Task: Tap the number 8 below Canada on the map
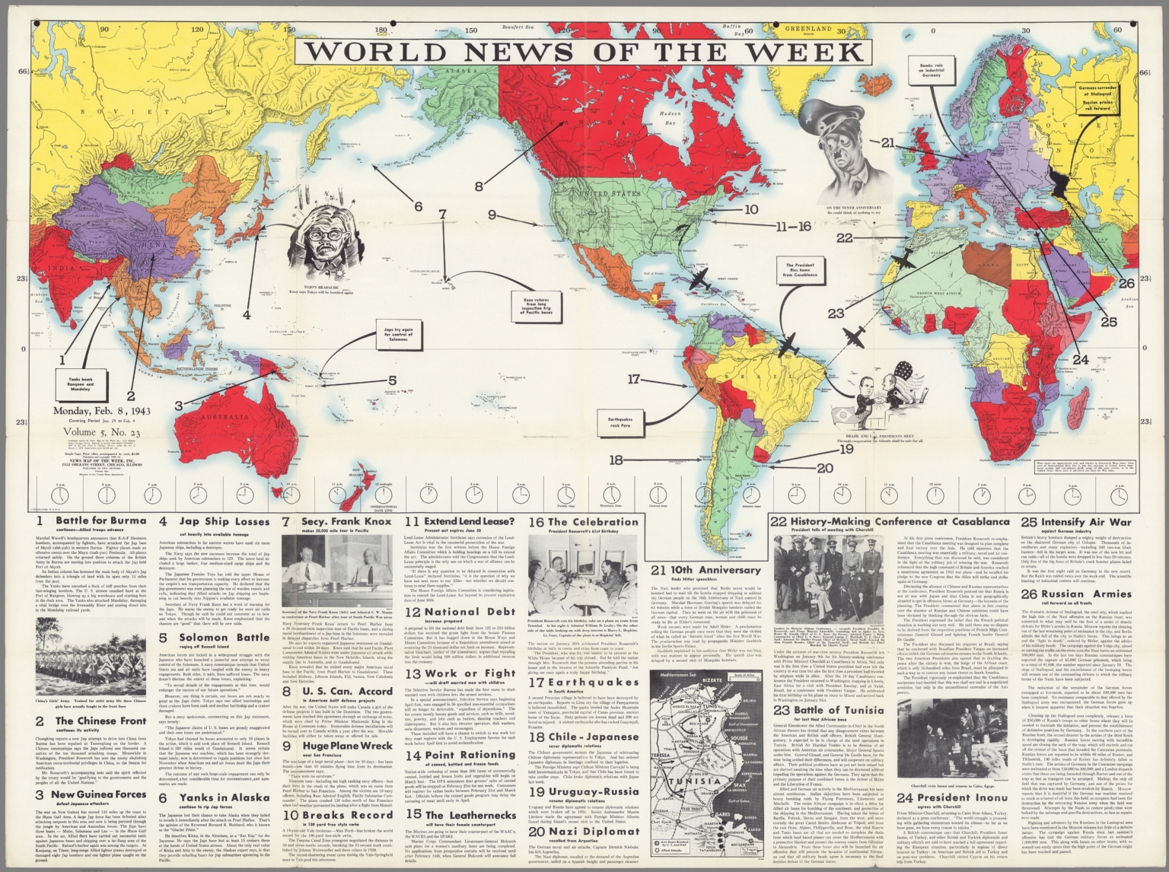[479, 185]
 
